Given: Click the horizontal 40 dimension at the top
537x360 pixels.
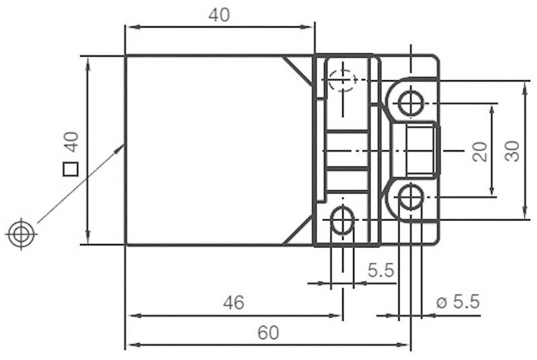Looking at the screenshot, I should (x=219, y=16).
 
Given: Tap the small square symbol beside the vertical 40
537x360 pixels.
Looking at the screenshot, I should (x=70, y=169).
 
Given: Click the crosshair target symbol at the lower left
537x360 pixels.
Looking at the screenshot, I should (x=21, y=234).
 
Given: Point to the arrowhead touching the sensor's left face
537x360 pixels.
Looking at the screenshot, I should (x=121, y=147).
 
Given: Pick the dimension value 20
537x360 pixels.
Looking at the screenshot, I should (x=479, y=151).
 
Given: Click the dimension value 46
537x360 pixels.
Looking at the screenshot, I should (x=233, y=303).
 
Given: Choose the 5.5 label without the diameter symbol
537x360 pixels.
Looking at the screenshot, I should (x=380, y=270).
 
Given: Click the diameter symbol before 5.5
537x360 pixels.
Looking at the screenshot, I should (x=442, y=303).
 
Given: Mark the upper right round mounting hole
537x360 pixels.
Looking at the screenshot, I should (x=410, y=104).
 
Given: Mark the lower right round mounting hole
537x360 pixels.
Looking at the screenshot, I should (x=410, y=197).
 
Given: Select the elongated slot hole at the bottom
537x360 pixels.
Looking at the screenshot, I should (x=343, y=220).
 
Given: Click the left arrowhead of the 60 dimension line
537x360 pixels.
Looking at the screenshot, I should (x=131, y=344).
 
